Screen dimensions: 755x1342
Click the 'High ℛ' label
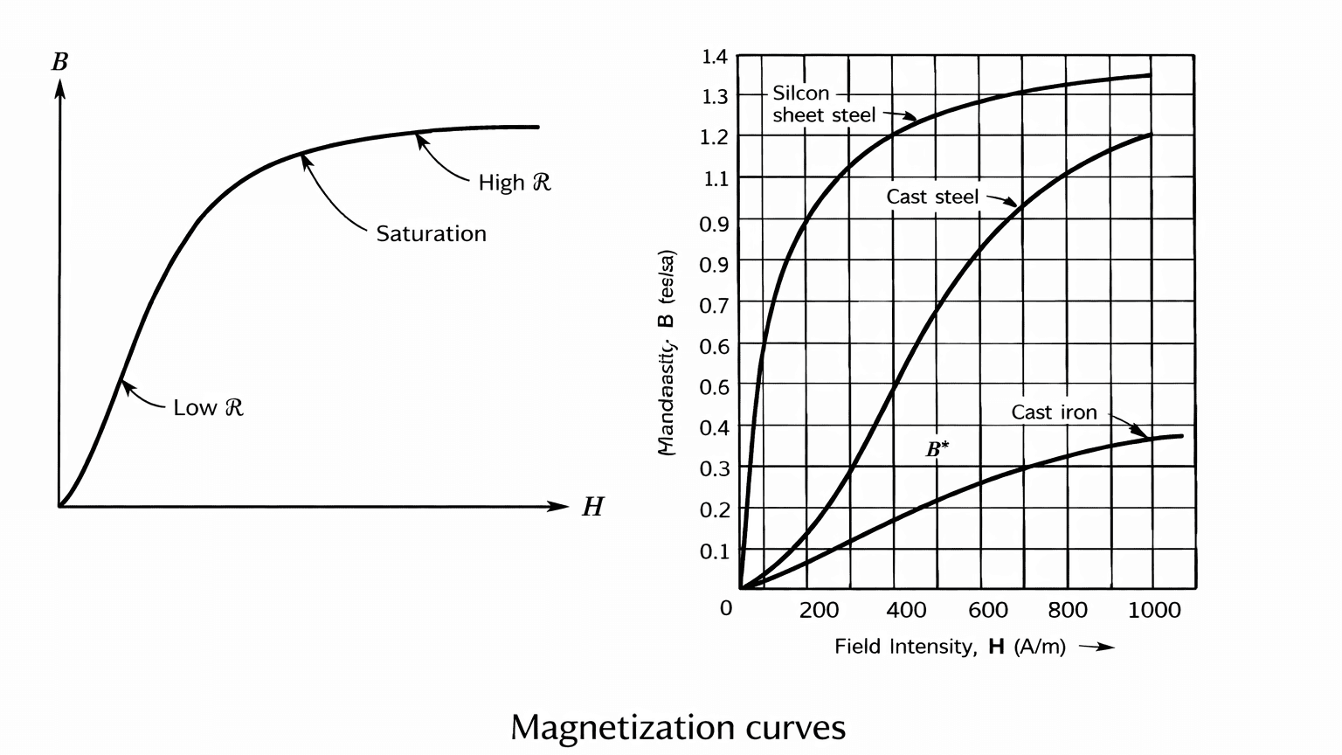[x=515, y=183]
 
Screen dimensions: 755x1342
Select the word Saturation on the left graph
[x=431, y=234]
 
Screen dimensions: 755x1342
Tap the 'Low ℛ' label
[x=208, y=407]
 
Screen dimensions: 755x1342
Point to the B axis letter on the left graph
[x=59, y=62]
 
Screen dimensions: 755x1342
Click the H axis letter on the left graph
[x=592, y=507]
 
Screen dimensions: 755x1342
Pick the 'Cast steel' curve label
[x=932, y=197]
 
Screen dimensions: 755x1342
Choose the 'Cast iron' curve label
[x=1054, y=412]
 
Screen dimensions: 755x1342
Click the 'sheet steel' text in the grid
[x=824, y=115]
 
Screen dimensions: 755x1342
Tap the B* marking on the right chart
[x=937, y=450]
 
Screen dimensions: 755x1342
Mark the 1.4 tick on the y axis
[x=714, y=58]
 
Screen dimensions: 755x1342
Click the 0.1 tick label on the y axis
[x=714, y=551]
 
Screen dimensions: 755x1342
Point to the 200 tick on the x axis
[x=819, y=610]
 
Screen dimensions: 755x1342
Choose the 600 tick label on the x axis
[x=988, y=610]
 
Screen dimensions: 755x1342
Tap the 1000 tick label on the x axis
[x=1154, y=610]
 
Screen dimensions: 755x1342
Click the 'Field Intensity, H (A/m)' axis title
[x=950, y=647]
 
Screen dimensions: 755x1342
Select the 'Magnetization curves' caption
[x=678, y=727]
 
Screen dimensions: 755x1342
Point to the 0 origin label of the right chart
[x=726, y=608]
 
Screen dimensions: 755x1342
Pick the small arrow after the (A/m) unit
[x=1097, y=648]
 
